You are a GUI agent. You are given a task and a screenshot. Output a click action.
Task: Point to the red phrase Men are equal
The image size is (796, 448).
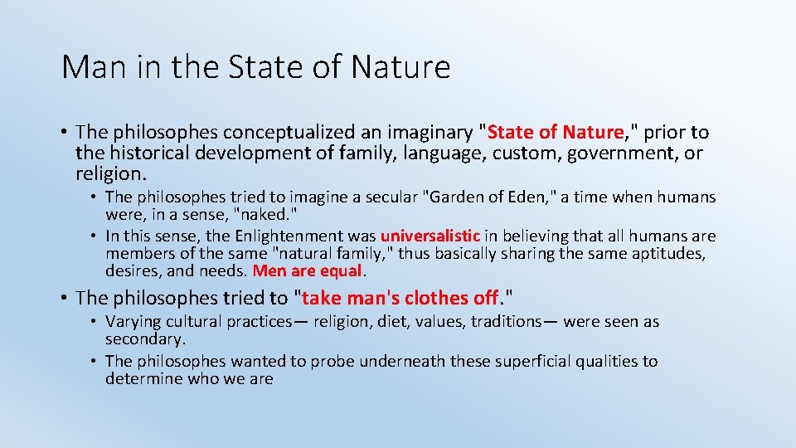click(x=308, y=270)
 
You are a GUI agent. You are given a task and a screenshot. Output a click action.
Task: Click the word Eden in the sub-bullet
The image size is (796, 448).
click(x=531, y=197)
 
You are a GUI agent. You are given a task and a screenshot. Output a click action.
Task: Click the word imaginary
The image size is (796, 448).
click(x=417, y=132)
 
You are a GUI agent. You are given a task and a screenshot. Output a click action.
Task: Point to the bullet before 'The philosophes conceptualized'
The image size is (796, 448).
click(x=64, y=133)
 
